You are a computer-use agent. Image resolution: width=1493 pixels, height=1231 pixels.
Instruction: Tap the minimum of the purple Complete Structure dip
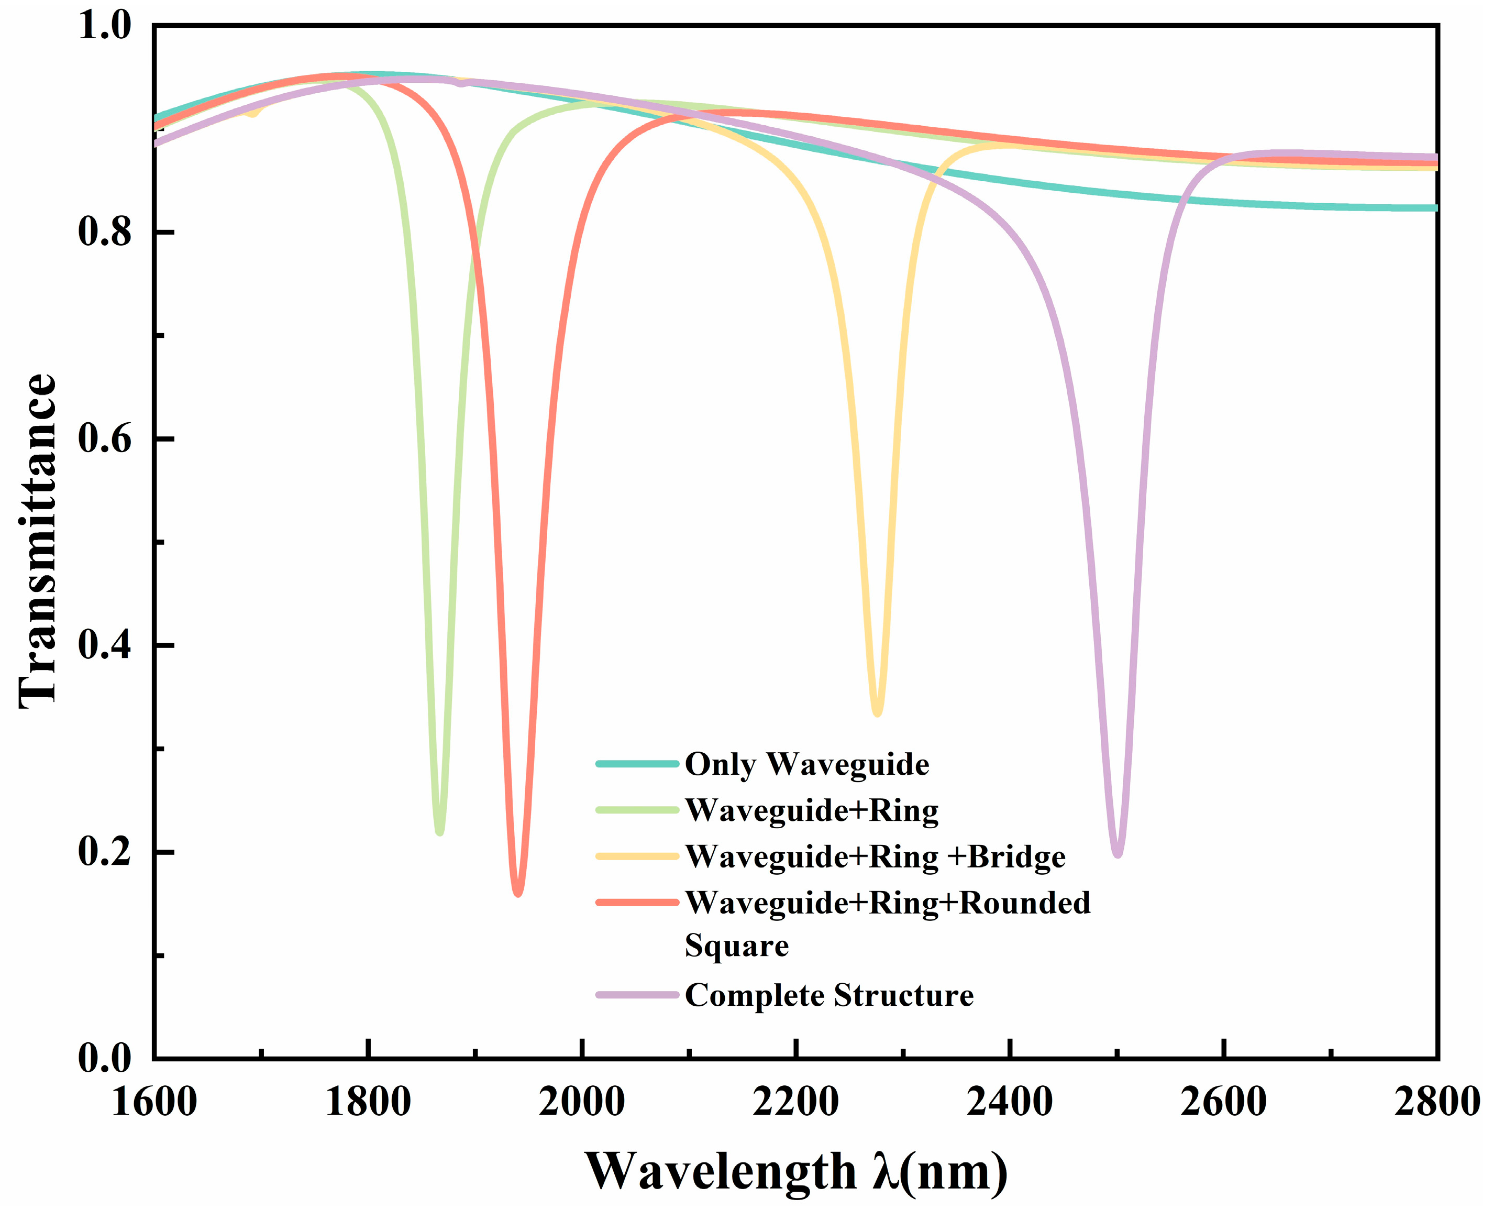1118,854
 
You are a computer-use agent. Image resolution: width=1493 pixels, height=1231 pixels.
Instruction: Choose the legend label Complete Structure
829,996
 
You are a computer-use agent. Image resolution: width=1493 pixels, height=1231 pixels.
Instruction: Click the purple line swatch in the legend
637,996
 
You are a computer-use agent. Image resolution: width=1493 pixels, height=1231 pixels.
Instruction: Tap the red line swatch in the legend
637,903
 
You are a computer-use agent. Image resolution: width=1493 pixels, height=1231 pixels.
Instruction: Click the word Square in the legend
737,947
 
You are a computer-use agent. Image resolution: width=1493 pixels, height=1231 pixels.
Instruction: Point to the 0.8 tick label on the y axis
105,233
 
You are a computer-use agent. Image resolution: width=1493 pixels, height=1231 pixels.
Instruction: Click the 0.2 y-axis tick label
105,852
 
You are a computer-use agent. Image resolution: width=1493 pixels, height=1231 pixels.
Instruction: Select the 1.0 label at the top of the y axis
105,26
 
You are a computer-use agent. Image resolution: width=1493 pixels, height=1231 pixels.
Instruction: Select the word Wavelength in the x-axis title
720,1171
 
